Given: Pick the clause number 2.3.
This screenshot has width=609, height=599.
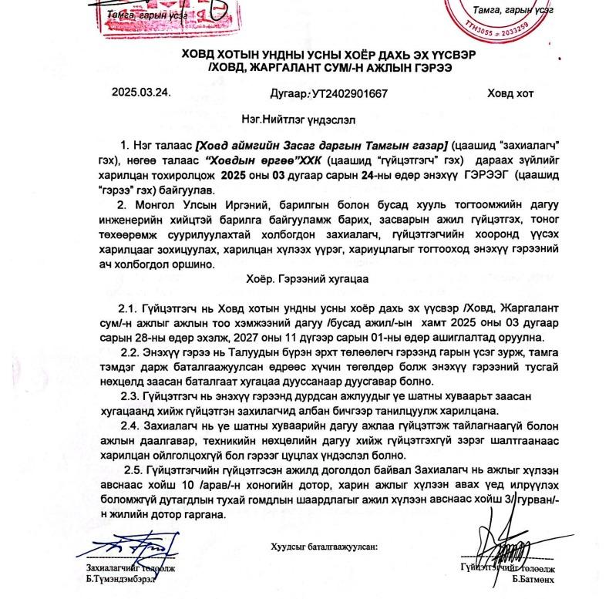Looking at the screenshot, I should [133, 396].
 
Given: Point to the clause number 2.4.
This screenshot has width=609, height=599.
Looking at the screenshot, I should [133, 426].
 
